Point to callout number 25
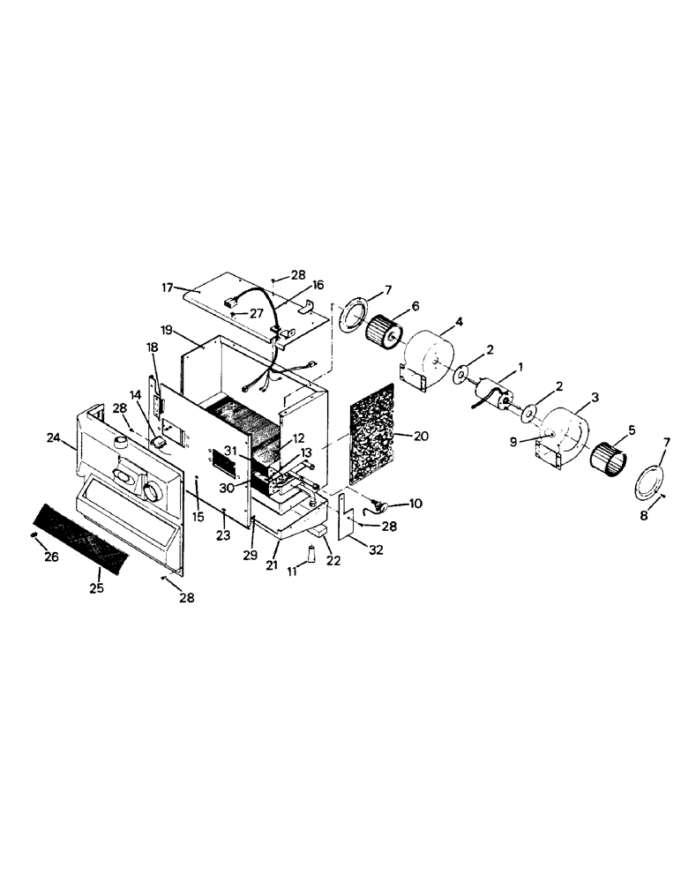pos(96,587)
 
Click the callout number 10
pos(415,504)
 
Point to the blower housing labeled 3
pos(566,432)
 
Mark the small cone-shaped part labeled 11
pos(311,555)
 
